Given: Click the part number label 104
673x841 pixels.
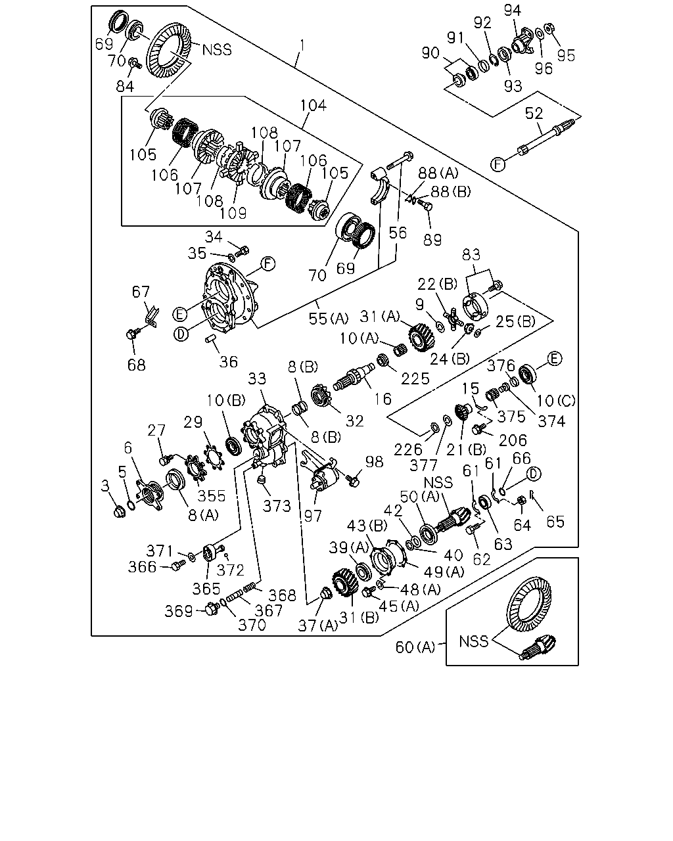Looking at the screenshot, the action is click(x=313, y=106).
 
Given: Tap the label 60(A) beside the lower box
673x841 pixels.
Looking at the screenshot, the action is click(x=415, y=647).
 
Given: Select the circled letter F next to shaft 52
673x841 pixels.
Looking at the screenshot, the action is click(x=498, y=164).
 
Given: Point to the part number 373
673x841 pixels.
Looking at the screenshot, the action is click(x=277, y=506).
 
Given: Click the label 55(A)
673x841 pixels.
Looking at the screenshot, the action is click(x=328, y=319).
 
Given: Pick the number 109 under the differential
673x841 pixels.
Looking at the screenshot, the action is click(x=233, y=214).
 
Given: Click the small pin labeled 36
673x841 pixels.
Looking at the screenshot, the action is click(x=211, y=338).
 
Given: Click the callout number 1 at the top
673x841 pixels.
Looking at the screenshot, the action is click(x=302, y=46).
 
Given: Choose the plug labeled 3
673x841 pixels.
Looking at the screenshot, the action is click(x=120, y=511).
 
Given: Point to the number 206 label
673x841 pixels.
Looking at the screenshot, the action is click(x=513, y=440).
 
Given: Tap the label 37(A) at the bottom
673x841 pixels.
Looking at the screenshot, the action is click(x=317, y=625).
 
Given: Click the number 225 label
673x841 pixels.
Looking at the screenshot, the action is click(x=415, y=378).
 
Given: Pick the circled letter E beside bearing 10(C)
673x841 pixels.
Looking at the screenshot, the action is click(x=554, y=359).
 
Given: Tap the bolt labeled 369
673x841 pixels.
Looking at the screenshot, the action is click(x=212, y=610).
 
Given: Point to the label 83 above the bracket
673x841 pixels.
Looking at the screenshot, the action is click(x=471, y=255).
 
